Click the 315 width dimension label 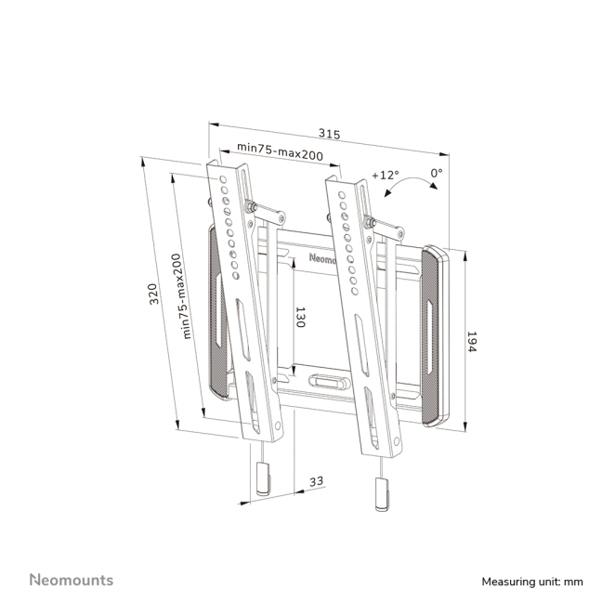click(x=328, y=135)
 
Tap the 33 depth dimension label click(x=317, y=481)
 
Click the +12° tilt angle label click(x=385, y=175)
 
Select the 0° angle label click(x=436, y=173)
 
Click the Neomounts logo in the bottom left click(x=71, y=580)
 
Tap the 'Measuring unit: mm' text click(x=532, y=582)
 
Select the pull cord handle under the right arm click(x=380, y=492)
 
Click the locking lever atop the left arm click(x=264, y=211)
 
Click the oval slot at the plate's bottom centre click(x=325, y=381)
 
